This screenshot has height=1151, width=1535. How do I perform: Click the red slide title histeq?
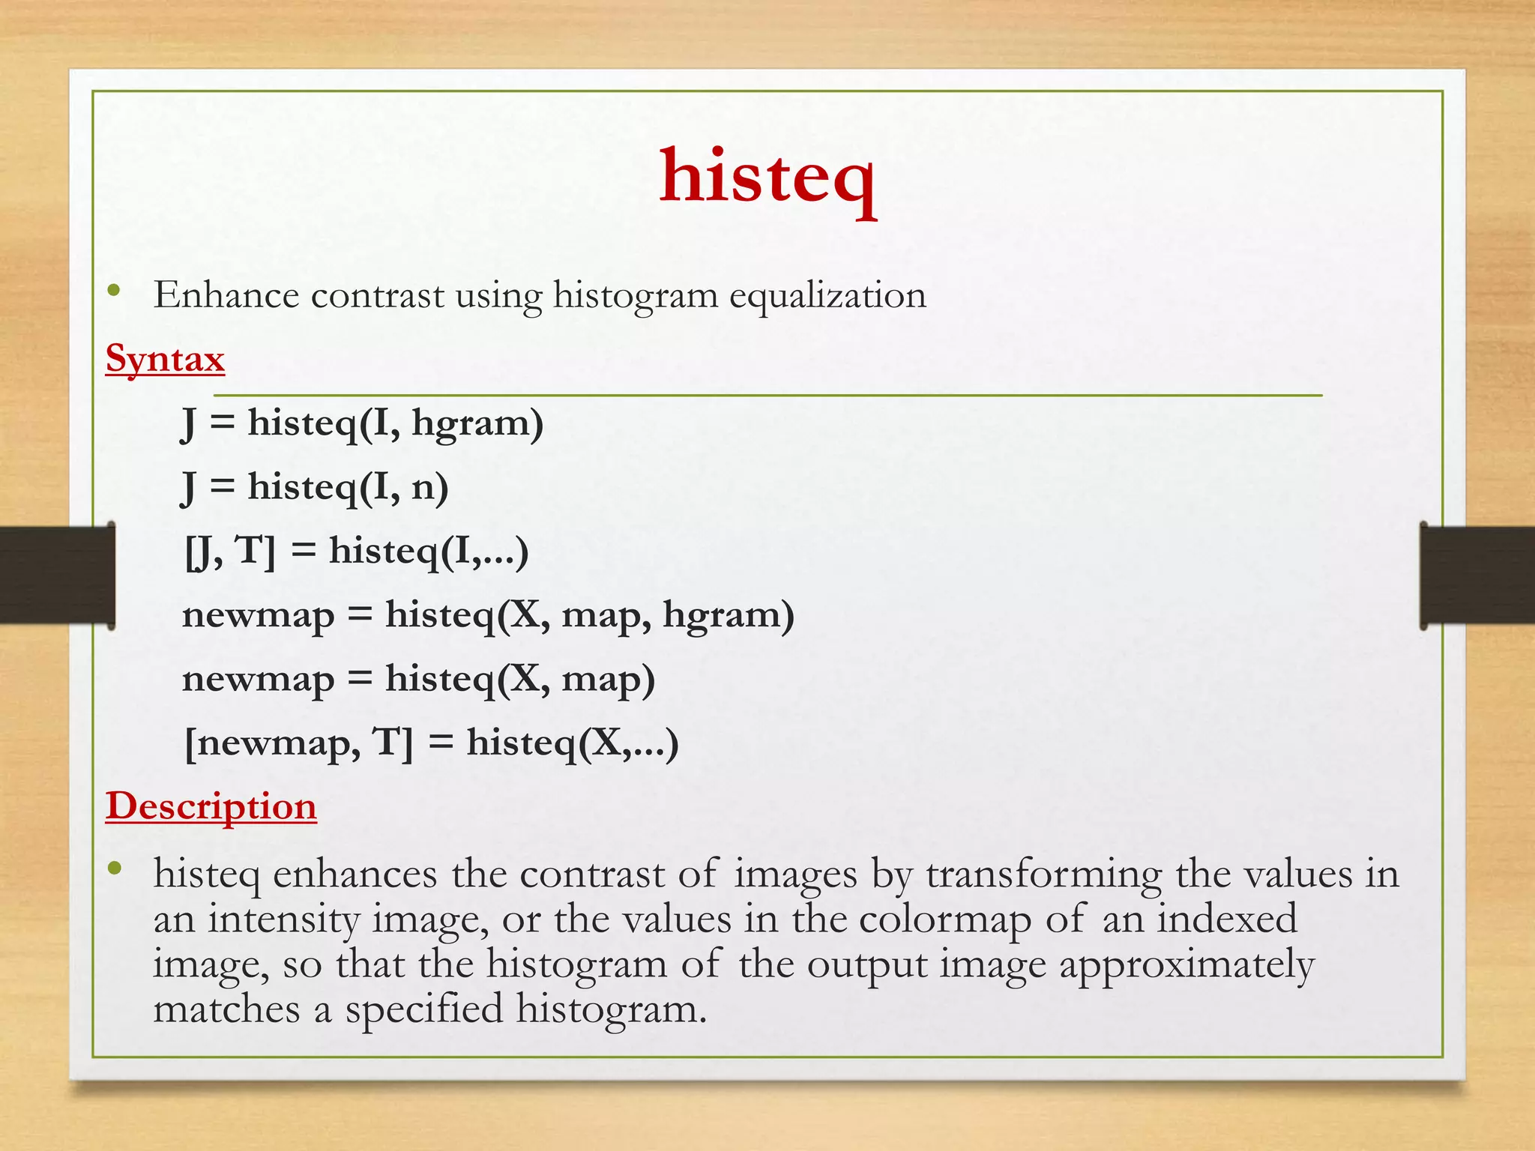(767, 178)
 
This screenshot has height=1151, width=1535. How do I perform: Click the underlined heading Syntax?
(165, 358)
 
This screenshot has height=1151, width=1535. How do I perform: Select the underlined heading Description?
(211, 806)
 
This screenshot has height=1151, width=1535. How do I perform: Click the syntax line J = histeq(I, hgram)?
(363, 423)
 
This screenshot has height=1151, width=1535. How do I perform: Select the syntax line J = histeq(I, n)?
(316, 487)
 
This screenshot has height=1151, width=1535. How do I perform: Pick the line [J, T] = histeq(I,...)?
(357, 551)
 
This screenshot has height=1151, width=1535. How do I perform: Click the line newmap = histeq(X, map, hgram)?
(488, 615)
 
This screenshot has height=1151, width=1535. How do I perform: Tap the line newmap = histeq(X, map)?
(418, 679)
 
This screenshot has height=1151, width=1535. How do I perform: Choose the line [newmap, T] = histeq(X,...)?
(432, 743)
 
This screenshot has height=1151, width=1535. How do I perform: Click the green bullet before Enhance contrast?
(114, 291)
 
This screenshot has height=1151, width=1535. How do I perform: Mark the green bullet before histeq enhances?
(114, 869)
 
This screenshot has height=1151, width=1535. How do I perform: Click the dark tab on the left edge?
(57, 575)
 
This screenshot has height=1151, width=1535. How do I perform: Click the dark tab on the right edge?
(1477, 575)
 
